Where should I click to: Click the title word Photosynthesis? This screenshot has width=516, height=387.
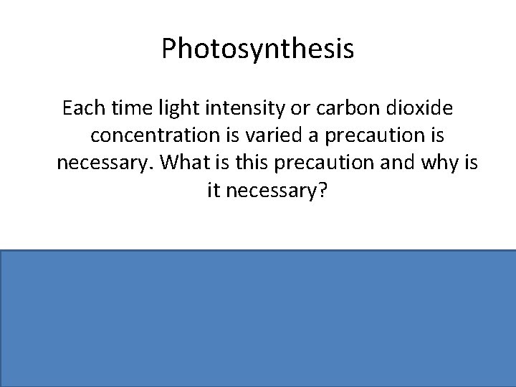click(257, 49)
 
